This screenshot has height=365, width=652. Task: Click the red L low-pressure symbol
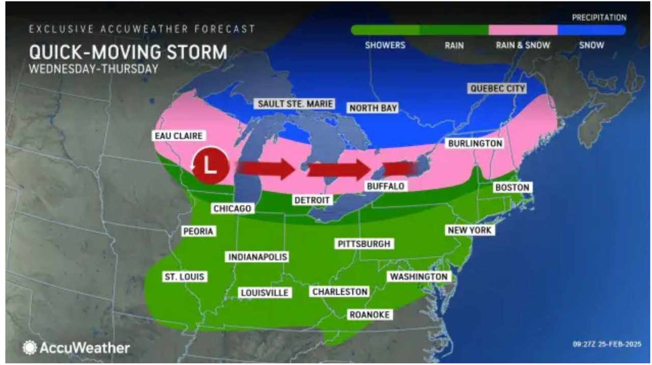coord(210,165)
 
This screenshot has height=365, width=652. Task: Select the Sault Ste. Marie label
coord(295,104)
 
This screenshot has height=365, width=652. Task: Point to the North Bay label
coord(373,108)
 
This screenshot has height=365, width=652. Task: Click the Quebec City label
coord(497,89)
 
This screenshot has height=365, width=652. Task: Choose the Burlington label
coord(475,144)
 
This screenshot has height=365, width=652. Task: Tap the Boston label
coord(512,188)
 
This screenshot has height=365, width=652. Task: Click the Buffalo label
coord(386,186)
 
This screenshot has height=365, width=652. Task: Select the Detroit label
coord(312,200)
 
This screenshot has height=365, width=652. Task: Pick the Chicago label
coord(232,209)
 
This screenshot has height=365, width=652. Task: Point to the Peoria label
coord(198,232)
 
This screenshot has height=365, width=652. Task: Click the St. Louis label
coord(184,277)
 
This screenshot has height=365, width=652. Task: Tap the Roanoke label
coord(369,315)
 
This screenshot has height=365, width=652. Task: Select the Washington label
coord(419,276)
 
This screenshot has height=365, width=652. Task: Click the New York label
coord(470,230)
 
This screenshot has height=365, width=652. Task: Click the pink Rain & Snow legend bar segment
coord(523,30)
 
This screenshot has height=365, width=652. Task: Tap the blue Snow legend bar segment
coord(591,30)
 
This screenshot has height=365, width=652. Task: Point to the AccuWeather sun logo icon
coord(30,348)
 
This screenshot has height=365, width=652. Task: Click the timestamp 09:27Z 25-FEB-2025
coord(606,345)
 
